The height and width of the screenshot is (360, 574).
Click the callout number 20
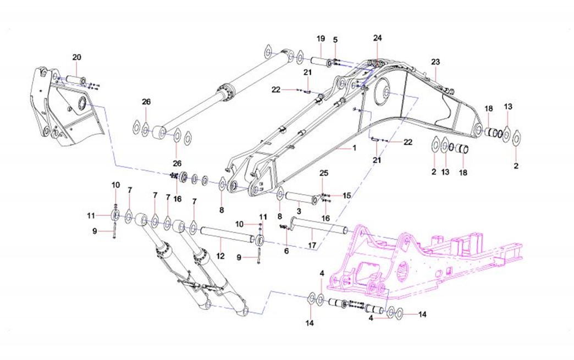click(x=76, y=57)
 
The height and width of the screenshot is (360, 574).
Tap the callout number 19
click(x=321, y=38)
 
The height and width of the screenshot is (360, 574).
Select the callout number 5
click(x=335, y=40)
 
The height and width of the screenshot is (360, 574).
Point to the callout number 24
click(x=377, y=38)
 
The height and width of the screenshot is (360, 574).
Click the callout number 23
click(x=435, y=62)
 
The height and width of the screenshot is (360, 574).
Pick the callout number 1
click(x=355, y=148)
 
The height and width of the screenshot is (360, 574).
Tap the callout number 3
click(x=298, y=211)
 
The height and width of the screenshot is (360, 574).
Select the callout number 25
click(x=324, y=174)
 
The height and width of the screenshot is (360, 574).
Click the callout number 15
click(x=346, y=195)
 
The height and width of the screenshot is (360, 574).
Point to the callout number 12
click(x=220, y=256)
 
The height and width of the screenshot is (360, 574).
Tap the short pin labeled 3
click(x=300, y=197)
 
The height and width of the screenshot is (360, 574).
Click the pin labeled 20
click(x=75, y=79)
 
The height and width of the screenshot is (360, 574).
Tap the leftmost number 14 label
click(x=310, y=323)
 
